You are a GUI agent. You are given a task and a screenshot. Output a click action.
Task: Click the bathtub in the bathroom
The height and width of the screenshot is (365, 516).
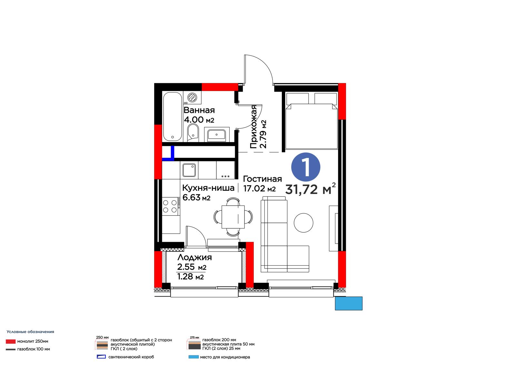(x=172, y=117)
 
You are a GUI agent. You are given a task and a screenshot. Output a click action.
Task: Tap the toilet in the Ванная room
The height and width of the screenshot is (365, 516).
(x=193, y=132)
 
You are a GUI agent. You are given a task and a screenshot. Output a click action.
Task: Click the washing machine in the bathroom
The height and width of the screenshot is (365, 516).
(x=192, y=97)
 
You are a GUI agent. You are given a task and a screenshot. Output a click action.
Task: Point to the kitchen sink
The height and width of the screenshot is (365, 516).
(x=189, y=170)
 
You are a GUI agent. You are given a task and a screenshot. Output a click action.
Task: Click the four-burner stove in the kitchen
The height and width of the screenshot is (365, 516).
(x=171, y=206)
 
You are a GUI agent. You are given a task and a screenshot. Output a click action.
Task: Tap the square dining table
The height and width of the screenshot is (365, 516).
(x=233, y=217)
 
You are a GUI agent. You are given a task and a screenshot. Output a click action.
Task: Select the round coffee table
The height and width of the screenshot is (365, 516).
(x=303, y=222)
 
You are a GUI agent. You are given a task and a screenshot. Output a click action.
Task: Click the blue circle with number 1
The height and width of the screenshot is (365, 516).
(x=306, y=167)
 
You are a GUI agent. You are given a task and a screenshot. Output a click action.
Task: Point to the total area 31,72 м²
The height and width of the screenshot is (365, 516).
(x=310, y=189)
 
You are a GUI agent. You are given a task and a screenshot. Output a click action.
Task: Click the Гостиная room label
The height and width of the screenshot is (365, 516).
(x=263, y=179)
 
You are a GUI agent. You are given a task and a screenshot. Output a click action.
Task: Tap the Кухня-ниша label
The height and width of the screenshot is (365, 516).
(x=208, y=188)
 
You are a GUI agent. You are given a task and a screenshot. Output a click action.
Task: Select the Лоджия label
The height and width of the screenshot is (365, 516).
(x=195, y=257)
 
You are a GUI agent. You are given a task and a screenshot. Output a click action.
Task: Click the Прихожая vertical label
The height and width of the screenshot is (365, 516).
(x=253, y=127)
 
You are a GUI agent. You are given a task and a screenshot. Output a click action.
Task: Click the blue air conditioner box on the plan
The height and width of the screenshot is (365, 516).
(x=349, y=303)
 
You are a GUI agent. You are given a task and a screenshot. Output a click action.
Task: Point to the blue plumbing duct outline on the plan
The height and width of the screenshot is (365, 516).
(x=173, y=153)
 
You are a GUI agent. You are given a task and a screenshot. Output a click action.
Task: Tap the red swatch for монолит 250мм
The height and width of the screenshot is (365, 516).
(x=11, y=341)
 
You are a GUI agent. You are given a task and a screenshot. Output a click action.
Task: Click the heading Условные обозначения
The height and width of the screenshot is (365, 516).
(x=30, y=332)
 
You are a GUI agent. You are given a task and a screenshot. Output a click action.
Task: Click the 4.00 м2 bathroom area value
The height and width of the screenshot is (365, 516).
(x=199, y=120)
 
